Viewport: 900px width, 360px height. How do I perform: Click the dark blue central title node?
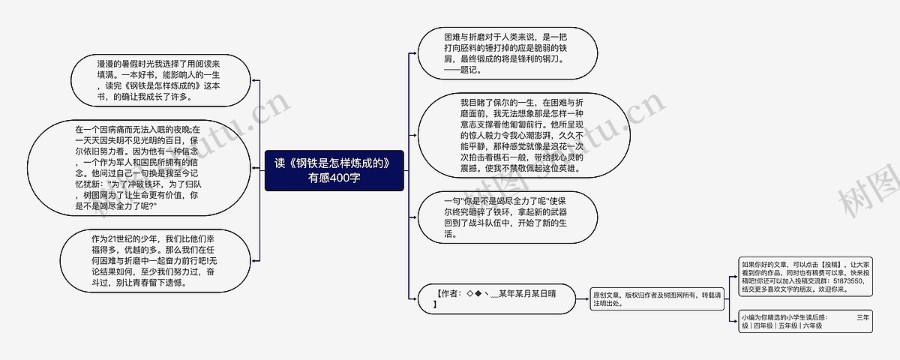click(334, 170)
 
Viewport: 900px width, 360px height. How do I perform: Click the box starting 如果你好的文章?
click(805, 277)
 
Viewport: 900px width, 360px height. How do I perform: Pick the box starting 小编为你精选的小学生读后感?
click(805, 321)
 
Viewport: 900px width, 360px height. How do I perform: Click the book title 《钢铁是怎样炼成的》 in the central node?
click(342, 163)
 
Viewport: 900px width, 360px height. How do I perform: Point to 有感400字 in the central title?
click(334, 178)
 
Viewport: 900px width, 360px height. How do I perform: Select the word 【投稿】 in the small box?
click(831, 265)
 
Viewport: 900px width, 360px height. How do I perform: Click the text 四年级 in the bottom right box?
click(764, 326)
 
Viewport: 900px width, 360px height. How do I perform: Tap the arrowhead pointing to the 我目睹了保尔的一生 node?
click(415, 136)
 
